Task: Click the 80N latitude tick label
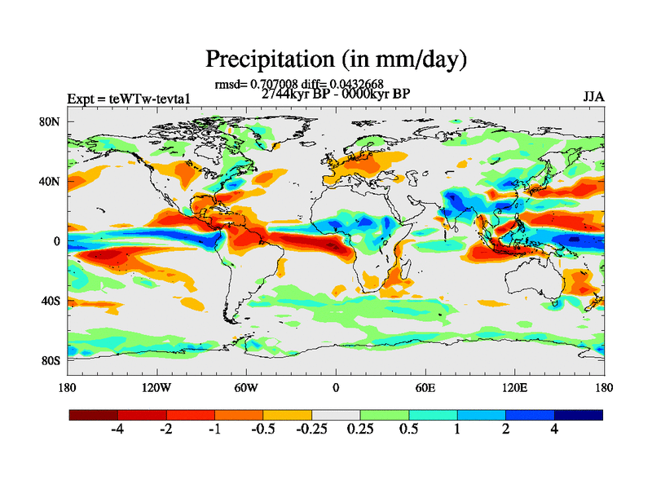(x=51, y=121)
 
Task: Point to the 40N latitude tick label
(x=51, y=181)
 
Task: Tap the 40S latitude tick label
(x=51, y=301)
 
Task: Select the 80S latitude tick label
(x=51, y=360)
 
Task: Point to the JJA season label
(x=593, y=97)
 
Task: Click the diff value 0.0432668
(x=355, y=83)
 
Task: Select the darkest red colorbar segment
(x=94, y=415)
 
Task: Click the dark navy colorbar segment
(x=579, y=415)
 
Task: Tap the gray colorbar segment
(x=336, y=415)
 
